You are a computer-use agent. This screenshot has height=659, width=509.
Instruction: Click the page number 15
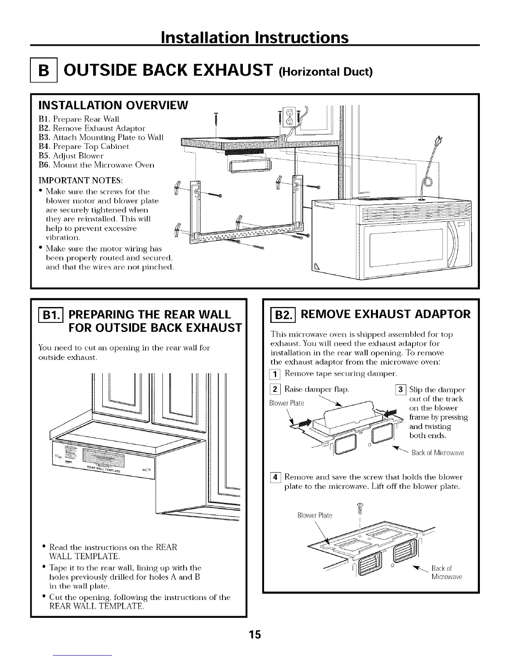(x=254, y=635)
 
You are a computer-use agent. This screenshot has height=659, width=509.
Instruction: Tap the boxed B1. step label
(x=49, y=313)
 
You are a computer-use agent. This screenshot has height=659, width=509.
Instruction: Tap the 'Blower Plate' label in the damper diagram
(x=287, y=403)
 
